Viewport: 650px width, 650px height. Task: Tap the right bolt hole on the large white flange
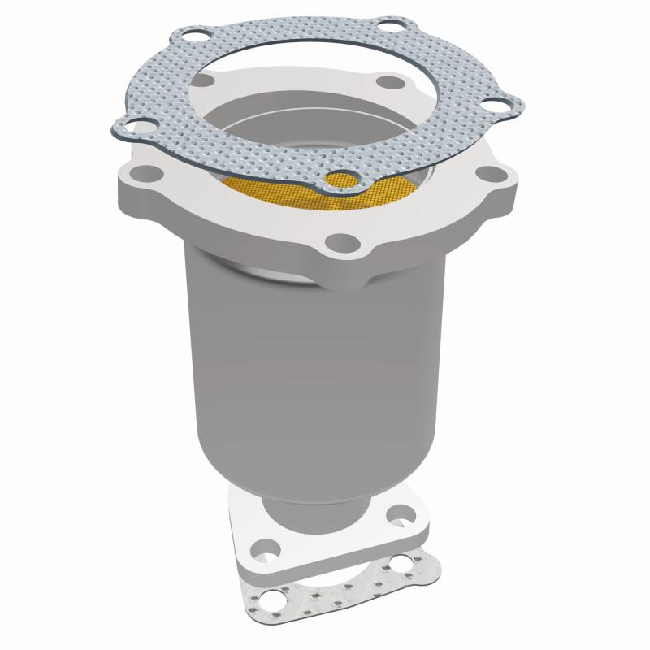pyautogui.click(x=488, y=175)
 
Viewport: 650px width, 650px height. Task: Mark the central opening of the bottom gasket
pyautogui.click(x=333, y=581)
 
